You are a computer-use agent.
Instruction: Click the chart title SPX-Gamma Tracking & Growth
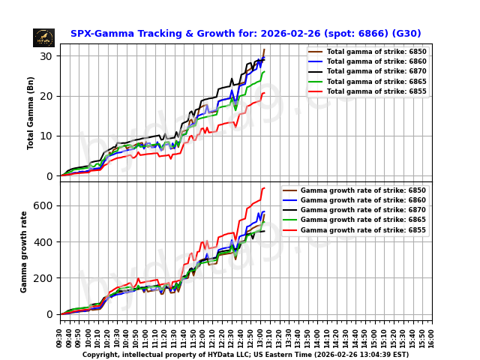click(245, 34)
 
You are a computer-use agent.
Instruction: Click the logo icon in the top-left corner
click(43, 37)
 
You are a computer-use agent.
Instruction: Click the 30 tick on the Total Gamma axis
click(46, 56)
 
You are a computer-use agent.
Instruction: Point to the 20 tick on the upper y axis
click(46, 96)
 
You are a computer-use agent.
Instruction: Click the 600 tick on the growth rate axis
click(43, 205)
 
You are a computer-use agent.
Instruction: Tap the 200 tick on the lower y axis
click(43, 278)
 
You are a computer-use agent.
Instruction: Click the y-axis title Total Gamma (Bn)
click(31, 112)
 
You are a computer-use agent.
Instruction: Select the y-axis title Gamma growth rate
click(24, 251)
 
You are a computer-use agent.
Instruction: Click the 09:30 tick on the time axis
click(60, 334)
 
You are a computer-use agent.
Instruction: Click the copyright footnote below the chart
click(245, 355)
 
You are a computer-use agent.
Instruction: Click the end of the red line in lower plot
click(265, 188)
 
